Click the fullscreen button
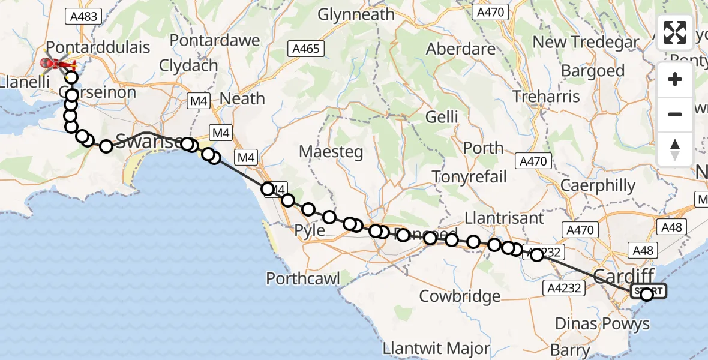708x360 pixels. click(x=675, y=32)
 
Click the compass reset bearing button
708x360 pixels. click(x=675, y=149)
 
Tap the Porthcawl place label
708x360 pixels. click(x=303, y=278)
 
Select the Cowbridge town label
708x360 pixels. click(x=460, y=296)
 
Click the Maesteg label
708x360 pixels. click(x=331, y=152)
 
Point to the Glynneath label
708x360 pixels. click(x=356, y=14)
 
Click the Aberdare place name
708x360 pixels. click(x=461, y=49)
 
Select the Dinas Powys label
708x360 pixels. click(x=602, y=324)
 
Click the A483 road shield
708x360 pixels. click(x=83, y=16)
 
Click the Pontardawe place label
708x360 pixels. click(x=215, y=41)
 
